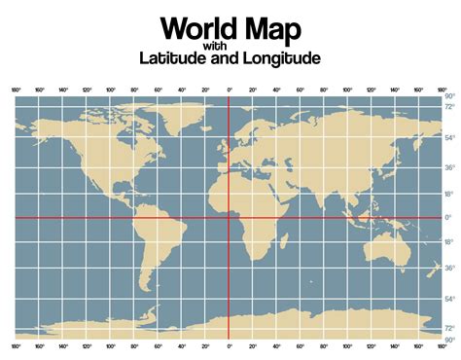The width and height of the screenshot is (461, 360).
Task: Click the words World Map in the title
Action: pyautogui.click(x=230, y=26)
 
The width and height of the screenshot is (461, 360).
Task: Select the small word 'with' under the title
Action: pyautogui.click(x=230, y=45)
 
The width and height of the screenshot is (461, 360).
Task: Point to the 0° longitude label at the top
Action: pyautogui.click(x=230, y=89)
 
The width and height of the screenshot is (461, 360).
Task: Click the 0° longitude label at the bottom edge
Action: pyautogui.click(x=230, y=346)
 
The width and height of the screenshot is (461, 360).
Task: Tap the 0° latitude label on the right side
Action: pyautogui.click(x=449, y=217)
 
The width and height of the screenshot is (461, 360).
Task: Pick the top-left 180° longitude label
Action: pyautogui.click(x=17, y=89)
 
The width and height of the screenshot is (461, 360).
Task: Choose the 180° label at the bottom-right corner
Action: pyautogui.click(x=443, y=346)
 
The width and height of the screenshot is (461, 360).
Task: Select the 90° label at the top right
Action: pyautogui.click(x=450, y=96)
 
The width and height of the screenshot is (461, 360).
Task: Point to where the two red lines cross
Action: pyautogui.click(x=230, y=217)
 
